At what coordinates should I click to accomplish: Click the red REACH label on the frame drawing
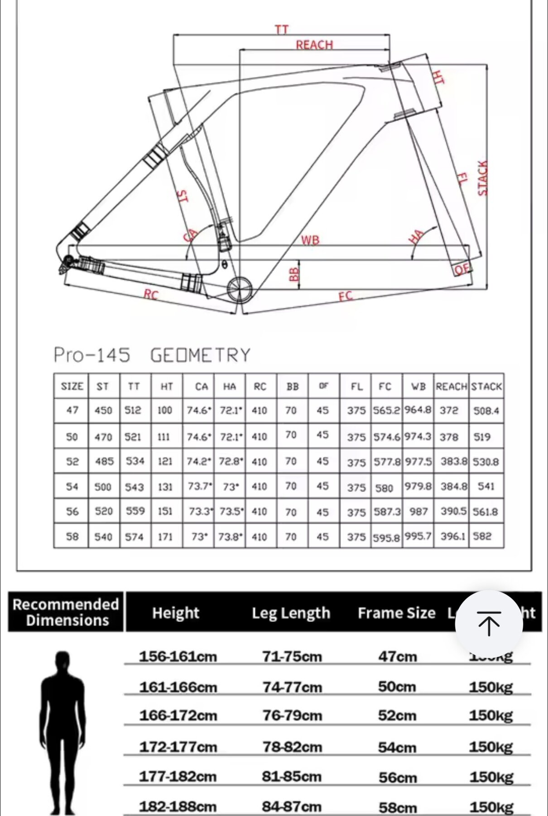click(314, 45)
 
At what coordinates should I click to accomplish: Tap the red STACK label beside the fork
click(483, 178)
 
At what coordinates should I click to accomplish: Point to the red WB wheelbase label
click(310, 240)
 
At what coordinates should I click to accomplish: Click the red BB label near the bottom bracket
click(294, 274)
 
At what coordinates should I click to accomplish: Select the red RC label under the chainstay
click(151, 295)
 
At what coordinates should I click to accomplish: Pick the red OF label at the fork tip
click(462, 269)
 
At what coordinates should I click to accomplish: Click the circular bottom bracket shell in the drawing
click(239, 289)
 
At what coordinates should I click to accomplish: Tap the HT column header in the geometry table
click(167, 387)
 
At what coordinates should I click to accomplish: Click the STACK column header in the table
click(486, 387)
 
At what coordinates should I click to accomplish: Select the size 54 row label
click(72, 487)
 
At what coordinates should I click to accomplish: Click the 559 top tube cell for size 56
click(135, 511)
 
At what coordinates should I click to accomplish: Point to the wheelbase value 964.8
click(418, 410)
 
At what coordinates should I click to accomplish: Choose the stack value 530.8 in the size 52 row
click(486, 462)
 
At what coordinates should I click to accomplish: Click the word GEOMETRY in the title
click(200, 355)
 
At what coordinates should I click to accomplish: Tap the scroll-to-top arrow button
click(489, 623)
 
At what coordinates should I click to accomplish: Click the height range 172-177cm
click(178, 746)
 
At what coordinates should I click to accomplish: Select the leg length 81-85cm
click(292, 777)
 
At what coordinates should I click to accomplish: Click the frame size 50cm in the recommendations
click(397, 687)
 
